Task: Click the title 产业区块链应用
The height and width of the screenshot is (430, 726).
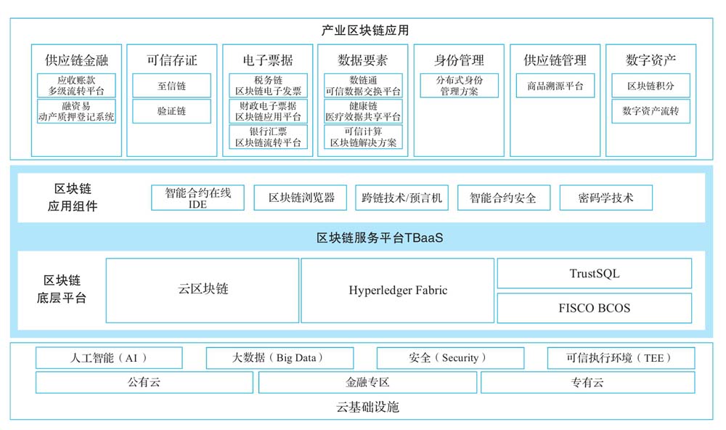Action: (365, 31)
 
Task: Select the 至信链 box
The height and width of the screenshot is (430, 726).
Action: (172, 86)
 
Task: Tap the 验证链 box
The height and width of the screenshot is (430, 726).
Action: (172, 111)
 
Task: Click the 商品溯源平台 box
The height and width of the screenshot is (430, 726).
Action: (555, 86)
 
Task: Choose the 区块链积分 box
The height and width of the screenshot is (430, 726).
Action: (650, 86)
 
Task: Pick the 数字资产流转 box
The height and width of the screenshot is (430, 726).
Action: (650, 111)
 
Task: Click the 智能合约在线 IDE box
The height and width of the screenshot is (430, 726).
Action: (197, 198)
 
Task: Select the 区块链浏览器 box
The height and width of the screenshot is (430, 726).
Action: (301, 198)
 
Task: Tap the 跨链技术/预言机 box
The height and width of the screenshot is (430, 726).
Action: (402, 198)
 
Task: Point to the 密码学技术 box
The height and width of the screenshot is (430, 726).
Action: (606, 198)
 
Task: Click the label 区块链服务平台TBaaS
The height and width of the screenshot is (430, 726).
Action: (380, 238)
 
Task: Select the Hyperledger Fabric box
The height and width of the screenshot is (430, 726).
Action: (398, 291)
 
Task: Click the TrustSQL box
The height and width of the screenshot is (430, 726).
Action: (595, 273)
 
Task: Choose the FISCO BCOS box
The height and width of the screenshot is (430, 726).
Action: (595, 308)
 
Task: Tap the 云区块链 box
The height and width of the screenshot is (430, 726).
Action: (203, 291)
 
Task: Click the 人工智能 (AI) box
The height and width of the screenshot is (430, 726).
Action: (109, 357)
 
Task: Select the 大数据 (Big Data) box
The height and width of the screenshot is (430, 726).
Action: (280, 357)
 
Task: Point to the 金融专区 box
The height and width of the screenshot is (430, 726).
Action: (367, 382)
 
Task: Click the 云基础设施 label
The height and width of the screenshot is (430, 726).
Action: (367, 407)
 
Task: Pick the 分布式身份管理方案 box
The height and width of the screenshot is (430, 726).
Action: (460, 86)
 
